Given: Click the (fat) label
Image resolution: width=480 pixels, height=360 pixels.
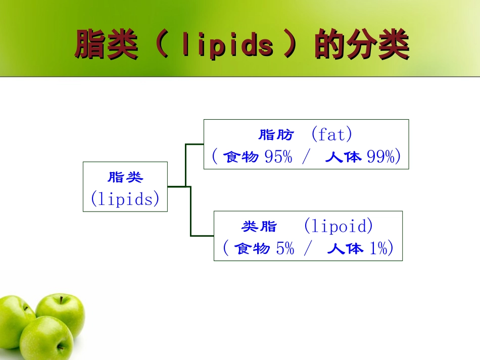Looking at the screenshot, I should pos(331,135).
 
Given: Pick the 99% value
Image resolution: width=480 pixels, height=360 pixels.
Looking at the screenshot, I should pos(380,157).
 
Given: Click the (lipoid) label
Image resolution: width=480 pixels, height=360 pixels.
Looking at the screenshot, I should pos(338,226).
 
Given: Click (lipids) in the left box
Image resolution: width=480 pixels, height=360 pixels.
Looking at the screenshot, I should pos(125,199).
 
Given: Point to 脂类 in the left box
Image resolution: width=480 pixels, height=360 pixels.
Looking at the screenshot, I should pos(125,177).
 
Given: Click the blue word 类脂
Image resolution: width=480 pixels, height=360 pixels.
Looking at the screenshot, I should pos(259,227).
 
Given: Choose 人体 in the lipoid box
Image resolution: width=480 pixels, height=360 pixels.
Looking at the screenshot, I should pos(345,248).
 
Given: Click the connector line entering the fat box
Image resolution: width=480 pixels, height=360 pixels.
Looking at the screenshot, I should pos(195,144).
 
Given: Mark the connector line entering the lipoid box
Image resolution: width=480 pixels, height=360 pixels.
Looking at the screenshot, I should pos(202,236).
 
